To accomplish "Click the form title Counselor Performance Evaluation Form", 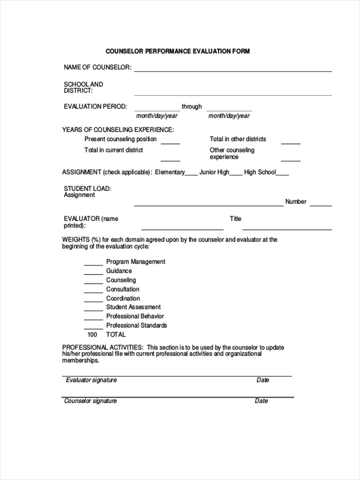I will tap(178, 51).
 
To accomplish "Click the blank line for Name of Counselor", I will tap(233, 70).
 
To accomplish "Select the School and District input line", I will tap(233, 94).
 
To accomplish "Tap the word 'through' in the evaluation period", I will tap(192, 107).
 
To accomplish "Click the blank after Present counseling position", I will tap(170, 142).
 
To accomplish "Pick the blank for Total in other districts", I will tap(290, 142).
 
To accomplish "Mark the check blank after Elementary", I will tap(192, 174).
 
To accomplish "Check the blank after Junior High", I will tap(236, 174).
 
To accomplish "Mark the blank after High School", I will tap(282, 174).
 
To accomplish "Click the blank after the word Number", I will tap(321, 205).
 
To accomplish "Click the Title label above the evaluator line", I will tap(236, 219).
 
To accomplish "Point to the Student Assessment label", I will tap(133, 307).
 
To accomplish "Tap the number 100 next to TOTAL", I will tap(92, 334).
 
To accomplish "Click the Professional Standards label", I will tap(136, 326).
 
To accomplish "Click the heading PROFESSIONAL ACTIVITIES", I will tap(102, 347).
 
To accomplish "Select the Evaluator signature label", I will tap(91, 380).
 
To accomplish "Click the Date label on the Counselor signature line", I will tap(261, 401).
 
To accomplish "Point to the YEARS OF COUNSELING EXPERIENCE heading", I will tap(118, 130).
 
